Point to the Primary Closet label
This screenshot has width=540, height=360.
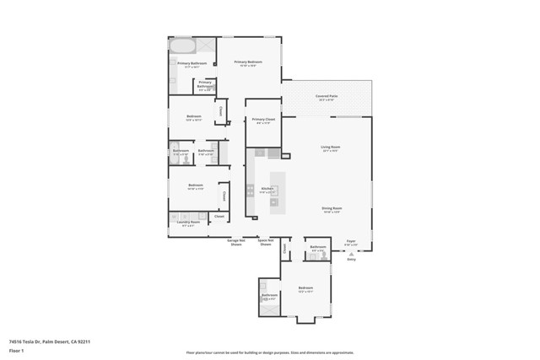coord(263,121)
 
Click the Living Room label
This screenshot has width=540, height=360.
coord(329,148)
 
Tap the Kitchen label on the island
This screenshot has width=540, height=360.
coord(267,189)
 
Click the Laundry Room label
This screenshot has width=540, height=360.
coord(188,223)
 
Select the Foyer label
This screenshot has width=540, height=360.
coord(351,241)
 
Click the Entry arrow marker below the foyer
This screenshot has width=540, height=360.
coord(351,254)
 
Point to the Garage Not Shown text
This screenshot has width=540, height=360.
coord(236,242)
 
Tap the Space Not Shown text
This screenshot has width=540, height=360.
coord(265,242)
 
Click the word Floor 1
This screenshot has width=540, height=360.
coord(17,349)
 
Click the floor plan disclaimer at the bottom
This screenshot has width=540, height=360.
coord(270,352)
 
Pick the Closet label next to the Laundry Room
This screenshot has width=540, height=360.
coord(219,217)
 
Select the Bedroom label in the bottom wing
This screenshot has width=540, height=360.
coord(305,288)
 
